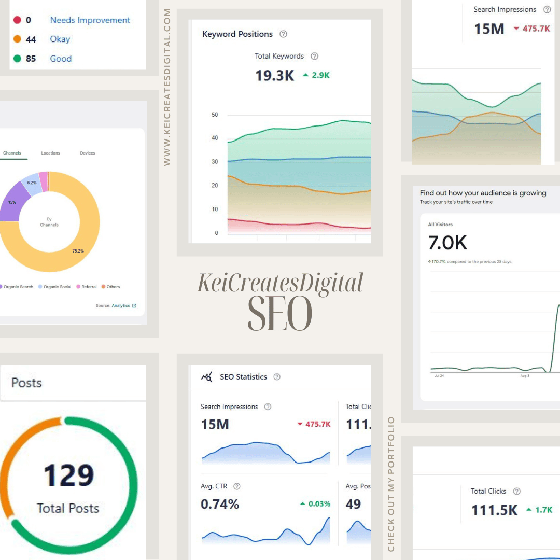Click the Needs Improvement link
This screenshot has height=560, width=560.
(x=90, y=20)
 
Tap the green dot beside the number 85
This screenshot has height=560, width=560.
(x=17, y=59)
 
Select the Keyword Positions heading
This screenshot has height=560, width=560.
(x=237, y=34)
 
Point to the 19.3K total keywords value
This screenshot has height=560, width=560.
(x=274, y=76)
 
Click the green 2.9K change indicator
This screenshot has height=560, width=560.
(x=316, y=76)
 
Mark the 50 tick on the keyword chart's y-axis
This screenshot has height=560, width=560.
(x=215, y=115)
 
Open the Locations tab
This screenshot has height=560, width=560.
(x=51, y=153)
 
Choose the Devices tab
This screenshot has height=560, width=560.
(x=88, y=153)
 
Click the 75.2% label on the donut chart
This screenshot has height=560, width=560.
(x=78, y=251)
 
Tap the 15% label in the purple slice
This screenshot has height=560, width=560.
(x=12, y=202)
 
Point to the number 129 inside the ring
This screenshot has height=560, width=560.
(x=68, y=475)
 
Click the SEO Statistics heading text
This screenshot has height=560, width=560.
(x=243, y=377)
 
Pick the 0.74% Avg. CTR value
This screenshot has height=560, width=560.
(x=220, y=503)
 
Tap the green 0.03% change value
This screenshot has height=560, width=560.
(x=316, y=503)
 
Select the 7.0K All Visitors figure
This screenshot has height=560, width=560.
(x=447, y=243)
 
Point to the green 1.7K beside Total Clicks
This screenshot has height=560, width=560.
(x=540, y=510)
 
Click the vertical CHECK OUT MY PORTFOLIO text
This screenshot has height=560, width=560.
(x=391, y=484)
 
